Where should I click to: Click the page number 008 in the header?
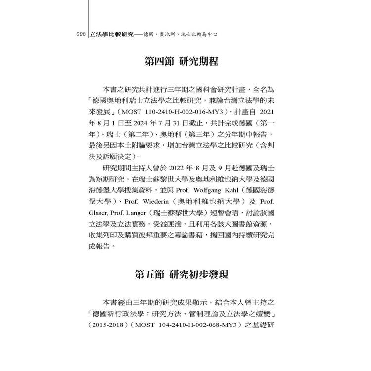[x=80, y=35]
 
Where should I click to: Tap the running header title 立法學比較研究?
[x=112, y=35]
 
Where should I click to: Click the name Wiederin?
[x=157, y=203]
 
